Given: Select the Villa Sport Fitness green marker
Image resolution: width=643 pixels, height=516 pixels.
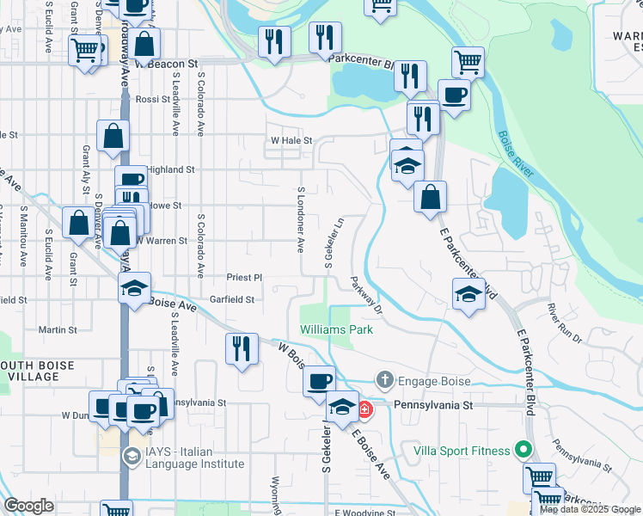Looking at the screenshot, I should pyautogui.click(x=521, y=450).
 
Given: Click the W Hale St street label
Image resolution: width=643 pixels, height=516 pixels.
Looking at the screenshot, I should pyautogui.click(x=290, y=140).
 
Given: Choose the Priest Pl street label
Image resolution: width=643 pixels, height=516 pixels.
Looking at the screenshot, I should pyautogui.click(x=244, y=278).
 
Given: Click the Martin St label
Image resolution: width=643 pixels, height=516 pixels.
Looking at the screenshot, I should pyautogui.click(x=58, y=329).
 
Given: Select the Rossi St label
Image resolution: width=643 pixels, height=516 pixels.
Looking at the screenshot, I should pyautogui.click(x=154, y=100).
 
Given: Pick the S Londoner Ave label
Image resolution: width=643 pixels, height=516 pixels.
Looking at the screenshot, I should pyautogui.click(x=301, y=219).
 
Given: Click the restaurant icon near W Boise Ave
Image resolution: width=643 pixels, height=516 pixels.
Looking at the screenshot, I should pyautogui.click(x=242, y=349).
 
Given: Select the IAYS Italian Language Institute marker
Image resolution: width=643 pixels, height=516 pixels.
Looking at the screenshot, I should pyautogui.click(x=132, y=455).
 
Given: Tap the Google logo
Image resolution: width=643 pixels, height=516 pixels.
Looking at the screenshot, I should pyautogui.click(x=28, y=506).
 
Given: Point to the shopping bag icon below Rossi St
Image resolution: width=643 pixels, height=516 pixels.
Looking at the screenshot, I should pyautogui.click(x=113, y=136).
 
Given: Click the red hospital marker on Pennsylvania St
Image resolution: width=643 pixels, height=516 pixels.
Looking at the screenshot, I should pyautogui.click(x=365, y=409).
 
